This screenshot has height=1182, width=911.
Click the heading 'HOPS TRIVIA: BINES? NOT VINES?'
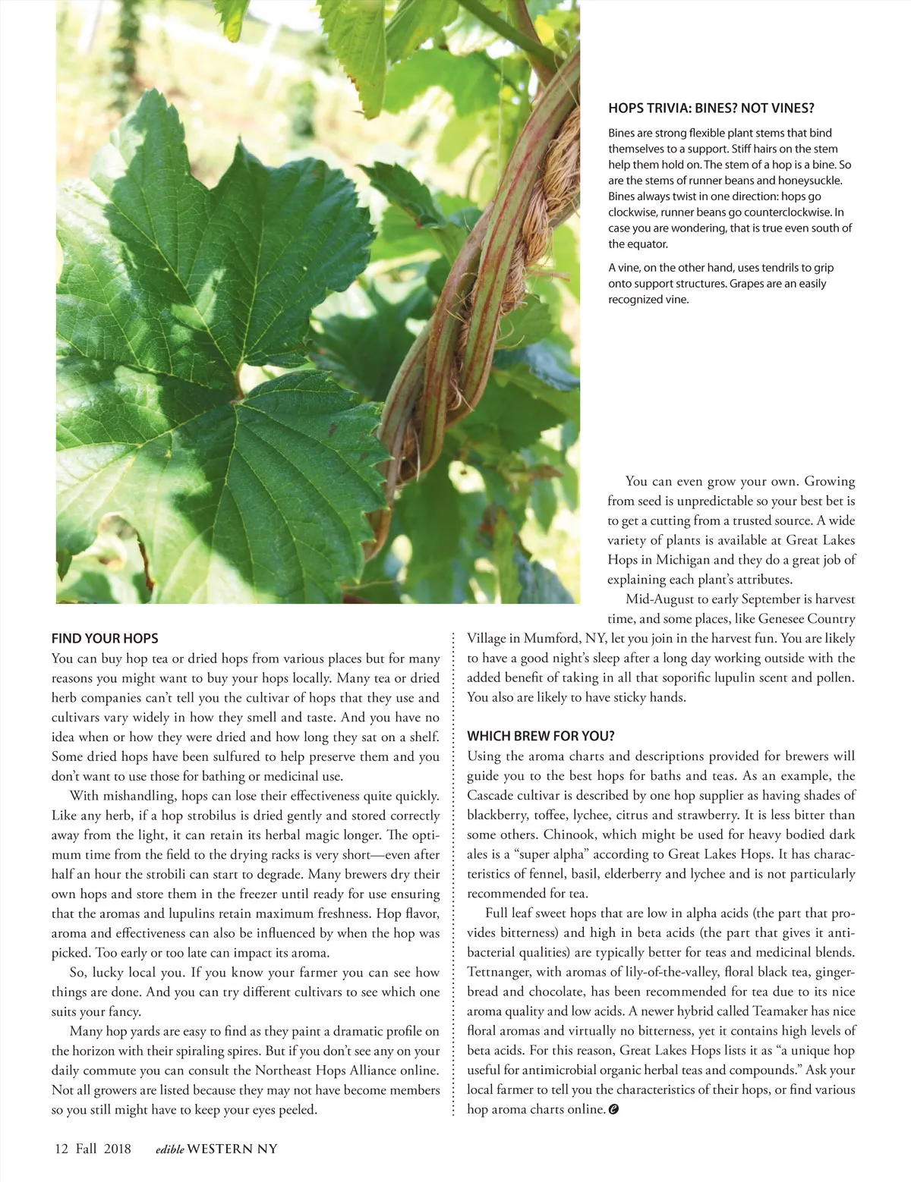(x=711, y=108)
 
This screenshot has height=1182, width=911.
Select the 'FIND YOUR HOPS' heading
(x=105, y=639)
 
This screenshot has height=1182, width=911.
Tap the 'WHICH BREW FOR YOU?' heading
(x=541, y=736)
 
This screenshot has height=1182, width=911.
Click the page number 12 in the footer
(x=61, y=1149)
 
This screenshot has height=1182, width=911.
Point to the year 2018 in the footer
(x=118, y=1149)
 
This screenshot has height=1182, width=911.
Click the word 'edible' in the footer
(x=169, y=1149)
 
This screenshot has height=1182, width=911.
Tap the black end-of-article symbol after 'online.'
(x=613, y=1110)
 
